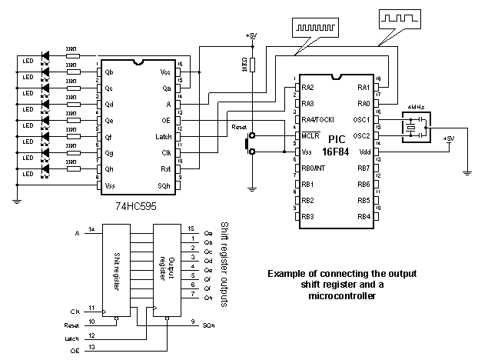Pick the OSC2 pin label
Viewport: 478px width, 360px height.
click(362, 136)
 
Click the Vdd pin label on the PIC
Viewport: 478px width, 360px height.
click(364, 152)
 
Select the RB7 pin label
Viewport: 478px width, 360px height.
click(363, 168)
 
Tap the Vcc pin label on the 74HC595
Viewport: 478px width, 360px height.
click(164, 72)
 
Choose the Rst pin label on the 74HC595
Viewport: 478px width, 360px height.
click(165, 168)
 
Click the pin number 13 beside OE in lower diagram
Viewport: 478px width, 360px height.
click(92, 348)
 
